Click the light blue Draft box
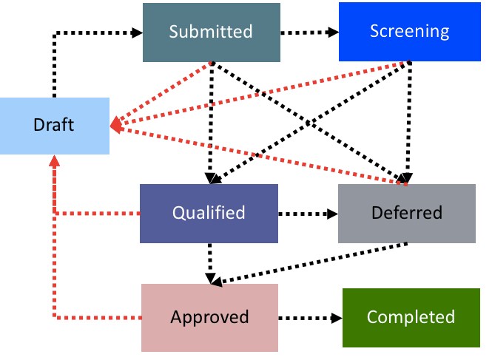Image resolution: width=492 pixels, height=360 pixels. click(54, 126)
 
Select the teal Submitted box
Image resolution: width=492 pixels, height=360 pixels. click(211, 32)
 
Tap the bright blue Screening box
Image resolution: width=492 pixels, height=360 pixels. click(409, 32)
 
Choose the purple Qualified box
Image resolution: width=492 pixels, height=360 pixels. click(209, 213)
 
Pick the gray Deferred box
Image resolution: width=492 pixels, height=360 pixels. click(406, 213)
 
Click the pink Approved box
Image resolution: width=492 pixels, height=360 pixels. click(209, 317)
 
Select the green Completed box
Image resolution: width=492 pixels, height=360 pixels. click(411, 318)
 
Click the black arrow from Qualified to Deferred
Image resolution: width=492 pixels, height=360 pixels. click(308, 214)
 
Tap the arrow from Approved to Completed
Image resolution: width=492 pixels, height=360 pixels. click(311, 318)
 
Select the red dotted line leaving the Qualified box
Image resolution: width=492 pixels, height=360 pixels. click(96, 214)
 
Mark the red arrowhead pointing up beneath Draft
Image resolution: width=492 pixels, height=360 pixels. click(54, 160)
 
